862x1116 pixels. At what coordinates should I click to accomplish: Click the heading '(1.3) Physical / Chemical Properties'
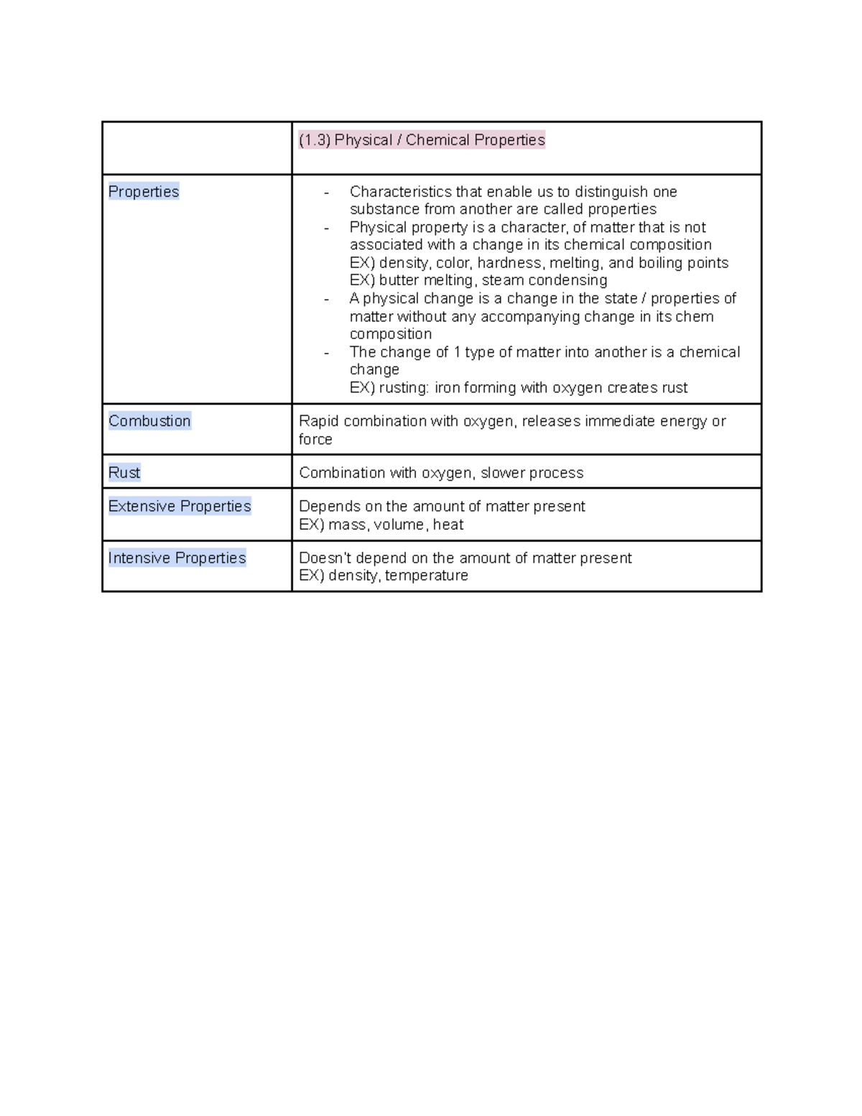click(x=422, y=140)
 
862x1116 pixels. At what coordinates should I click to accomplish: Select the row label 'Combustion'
click(x=149, y=421)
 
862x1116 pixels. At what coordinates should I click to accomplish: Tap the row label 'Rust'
click(x=124, y=473)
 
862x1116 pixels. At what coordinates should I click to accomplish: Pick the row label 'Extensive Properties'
click(x=180, y=506)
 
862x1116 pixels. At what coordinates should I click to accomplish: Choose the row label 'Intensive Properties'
click(x=177, y=558)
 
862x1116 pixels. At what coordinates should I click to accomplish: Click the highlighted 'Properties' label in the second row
click(x=144, y=192)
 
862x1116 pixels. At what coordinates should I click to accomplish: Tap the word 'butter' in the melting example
click(x=399, y=280)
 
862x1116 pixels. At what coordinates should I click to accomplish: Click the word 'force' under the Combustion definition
click(x=315, y=439)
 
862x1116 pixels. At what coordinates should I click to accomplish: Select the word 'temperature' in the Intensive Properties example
click(x=427, y=576)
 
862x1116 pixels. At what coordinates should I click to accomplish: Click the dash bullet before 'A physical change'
click(x=327, y=299)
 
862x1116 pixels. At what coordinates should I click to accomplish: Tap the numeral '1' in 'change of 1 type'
click(x=457, y=352)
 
